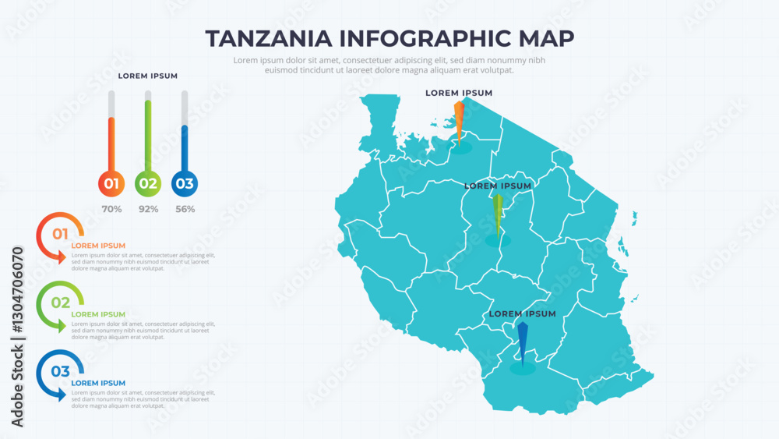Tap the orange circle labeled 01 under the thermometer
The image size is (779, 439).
(111, 184)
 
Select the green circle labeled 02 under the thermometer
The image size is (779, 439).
(148, 184)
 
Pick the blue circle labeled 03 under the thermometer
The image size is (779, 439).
(185, 184)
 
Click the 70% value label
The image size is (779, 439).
(111, 209)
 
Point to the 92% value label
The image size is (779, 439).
(148, 209)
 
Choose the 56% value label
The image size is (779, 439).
(185, 209)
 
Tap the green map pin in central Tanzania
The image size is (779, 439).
(498, 214)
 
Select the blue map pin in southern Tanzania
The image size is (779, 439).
(522, 342)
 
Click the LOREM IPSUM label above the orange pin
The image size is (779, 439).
(459, 93)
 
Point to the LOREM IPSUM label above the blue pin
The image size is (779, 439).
(523, 314)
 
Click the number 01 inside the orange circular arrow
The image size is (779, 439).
(60, 233)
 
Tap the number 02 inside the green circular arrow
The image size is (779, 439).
(60, 303)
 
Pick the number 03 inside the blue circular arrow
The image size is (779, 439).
(60, 371)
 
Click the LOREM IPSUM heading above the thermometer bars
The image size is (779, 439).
(148, 76)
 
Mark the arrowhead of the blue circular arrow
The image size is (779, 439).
(62, 395)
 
